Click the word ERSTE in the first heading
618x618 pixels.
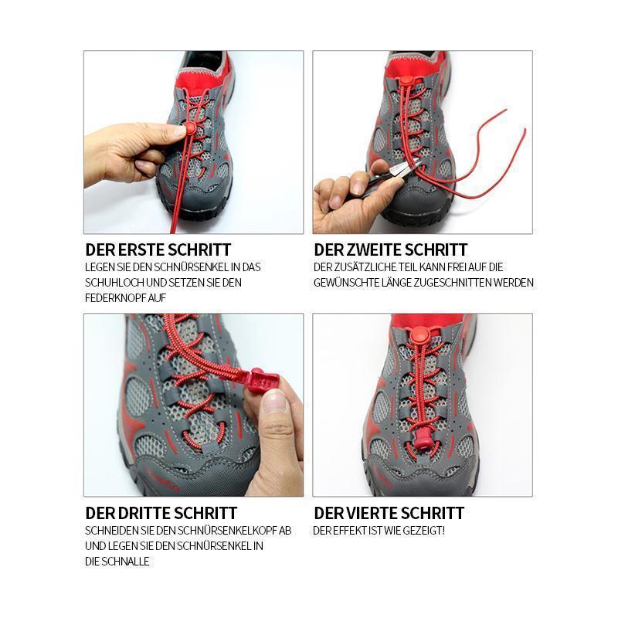[135, 250]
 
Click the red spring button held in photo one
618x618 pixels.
[190, 127]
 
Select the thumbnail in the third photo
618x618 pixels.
[274, 402]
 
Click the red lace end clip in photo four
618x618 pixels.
[422, 438]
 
